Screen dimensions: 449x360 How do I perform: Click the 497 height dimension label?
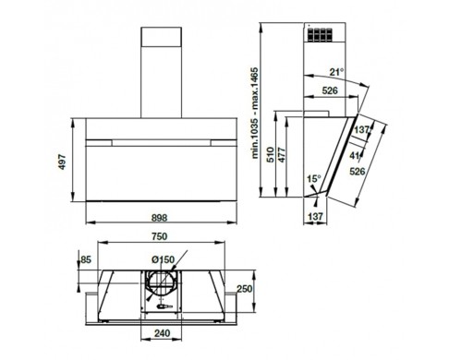tap(62, 162)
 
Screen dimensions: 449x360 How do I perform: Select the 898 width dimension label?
tap(160, 218)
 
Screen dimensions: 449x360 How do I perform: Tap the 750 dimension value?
tap(160, 236)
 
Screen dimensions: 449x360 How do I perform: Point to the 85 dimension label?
tap(86, 259)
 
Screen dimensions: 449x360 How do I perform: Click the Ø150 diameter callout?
tap(163, 259)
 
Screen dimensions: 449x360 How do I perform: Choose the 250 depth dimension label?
tap(244, 289)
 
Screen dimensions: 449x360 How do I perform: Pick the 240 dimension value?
tap(162, 333)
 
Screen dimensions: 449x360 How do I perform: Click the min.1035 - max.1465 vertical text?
tap(255, 113)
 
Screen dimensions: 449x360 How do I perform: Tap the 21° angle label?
tap(336, 72)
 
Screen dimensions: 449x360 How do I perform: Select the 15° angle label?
tap(314, 179)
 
